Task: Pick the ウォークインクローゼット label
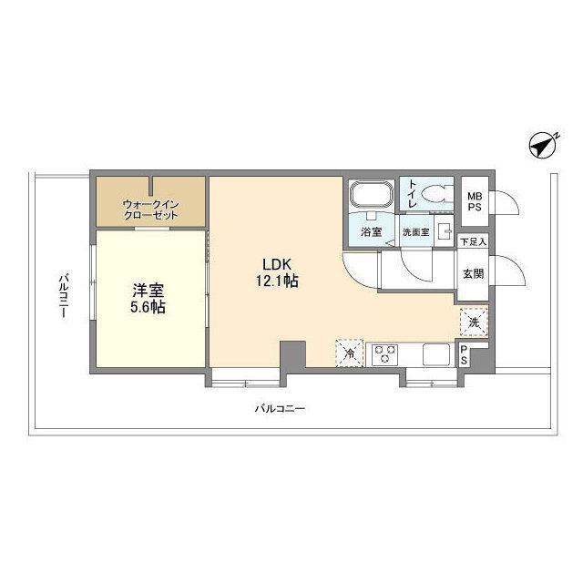point(151,210)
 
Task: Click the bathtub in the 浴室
point(371,196)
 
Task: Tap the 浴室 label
point(372,232)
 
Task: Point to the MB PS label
point(476,200)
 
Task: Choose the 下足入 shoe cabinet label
point(473,242)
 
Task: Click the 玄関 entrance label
point(473,272)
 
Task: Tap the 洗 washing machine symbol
point(474,321)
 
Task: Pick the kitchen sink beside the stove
point(435,353)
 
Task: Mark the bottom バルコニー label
point(280,409)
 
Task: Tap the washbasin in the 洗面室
point(444,231)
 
